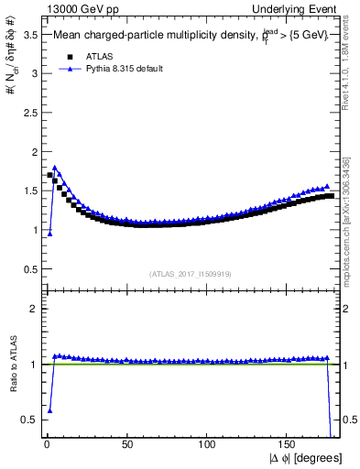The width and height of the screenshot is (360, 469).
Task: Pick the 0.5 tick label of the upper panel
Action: point(29,268)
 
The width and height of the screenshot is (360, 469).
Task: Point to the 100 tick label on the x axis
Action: point(207,442)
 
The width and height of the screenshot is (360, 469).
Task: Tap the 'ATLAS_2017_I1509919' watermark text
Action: point(189,273)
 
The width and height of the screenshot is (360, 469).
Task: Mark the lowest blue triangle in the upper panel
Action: point(49,234)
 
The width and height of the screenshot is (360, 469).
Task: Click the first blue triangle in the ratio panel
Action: point(49,410)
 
